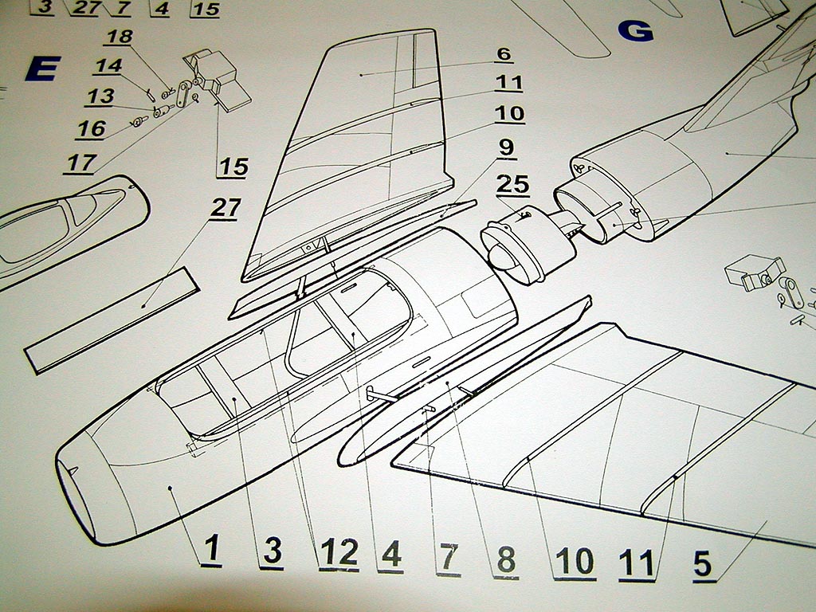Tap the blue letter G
[636, 31]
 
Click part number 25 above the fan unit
[513, 184]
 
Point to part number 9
[507, 148]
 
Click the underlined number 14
[108, 65]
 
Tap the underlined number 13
[100, 96]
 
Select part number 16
[92, 128]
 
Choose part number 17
[80, 163]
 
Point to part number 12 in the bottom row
[338, 553]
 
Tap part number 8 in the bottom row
[506, 561]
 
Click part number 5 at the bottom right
[703, 563]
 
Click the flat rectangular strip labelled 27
[112, 319]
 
